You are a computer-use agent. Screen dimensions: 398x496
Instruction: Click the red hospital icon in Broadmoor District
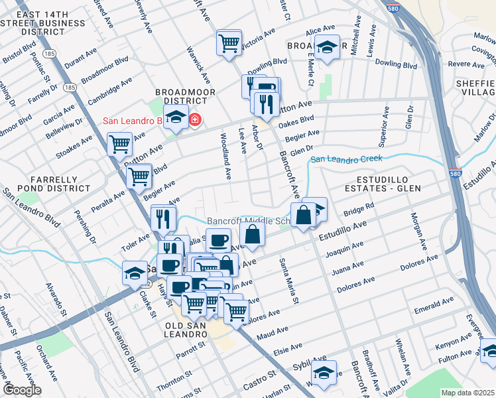(195, 120)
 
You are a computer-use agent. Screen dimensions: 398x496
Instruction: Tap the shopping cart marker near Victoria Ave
(229, 44)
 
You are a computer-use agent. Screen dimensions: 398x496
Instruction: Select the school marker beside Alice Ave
(327, 48)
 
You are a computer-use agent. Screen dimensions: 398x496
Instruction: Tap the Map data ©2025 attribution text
(467, 392)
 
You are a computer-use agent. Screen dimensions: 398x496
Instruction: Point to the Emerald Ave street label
(434, 304)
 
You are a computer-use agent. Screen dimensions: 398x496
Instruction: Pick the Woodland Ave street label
(225, 157)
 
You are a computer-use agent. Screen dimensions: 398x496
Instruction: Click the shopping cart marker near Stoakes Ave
(119, 144)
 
